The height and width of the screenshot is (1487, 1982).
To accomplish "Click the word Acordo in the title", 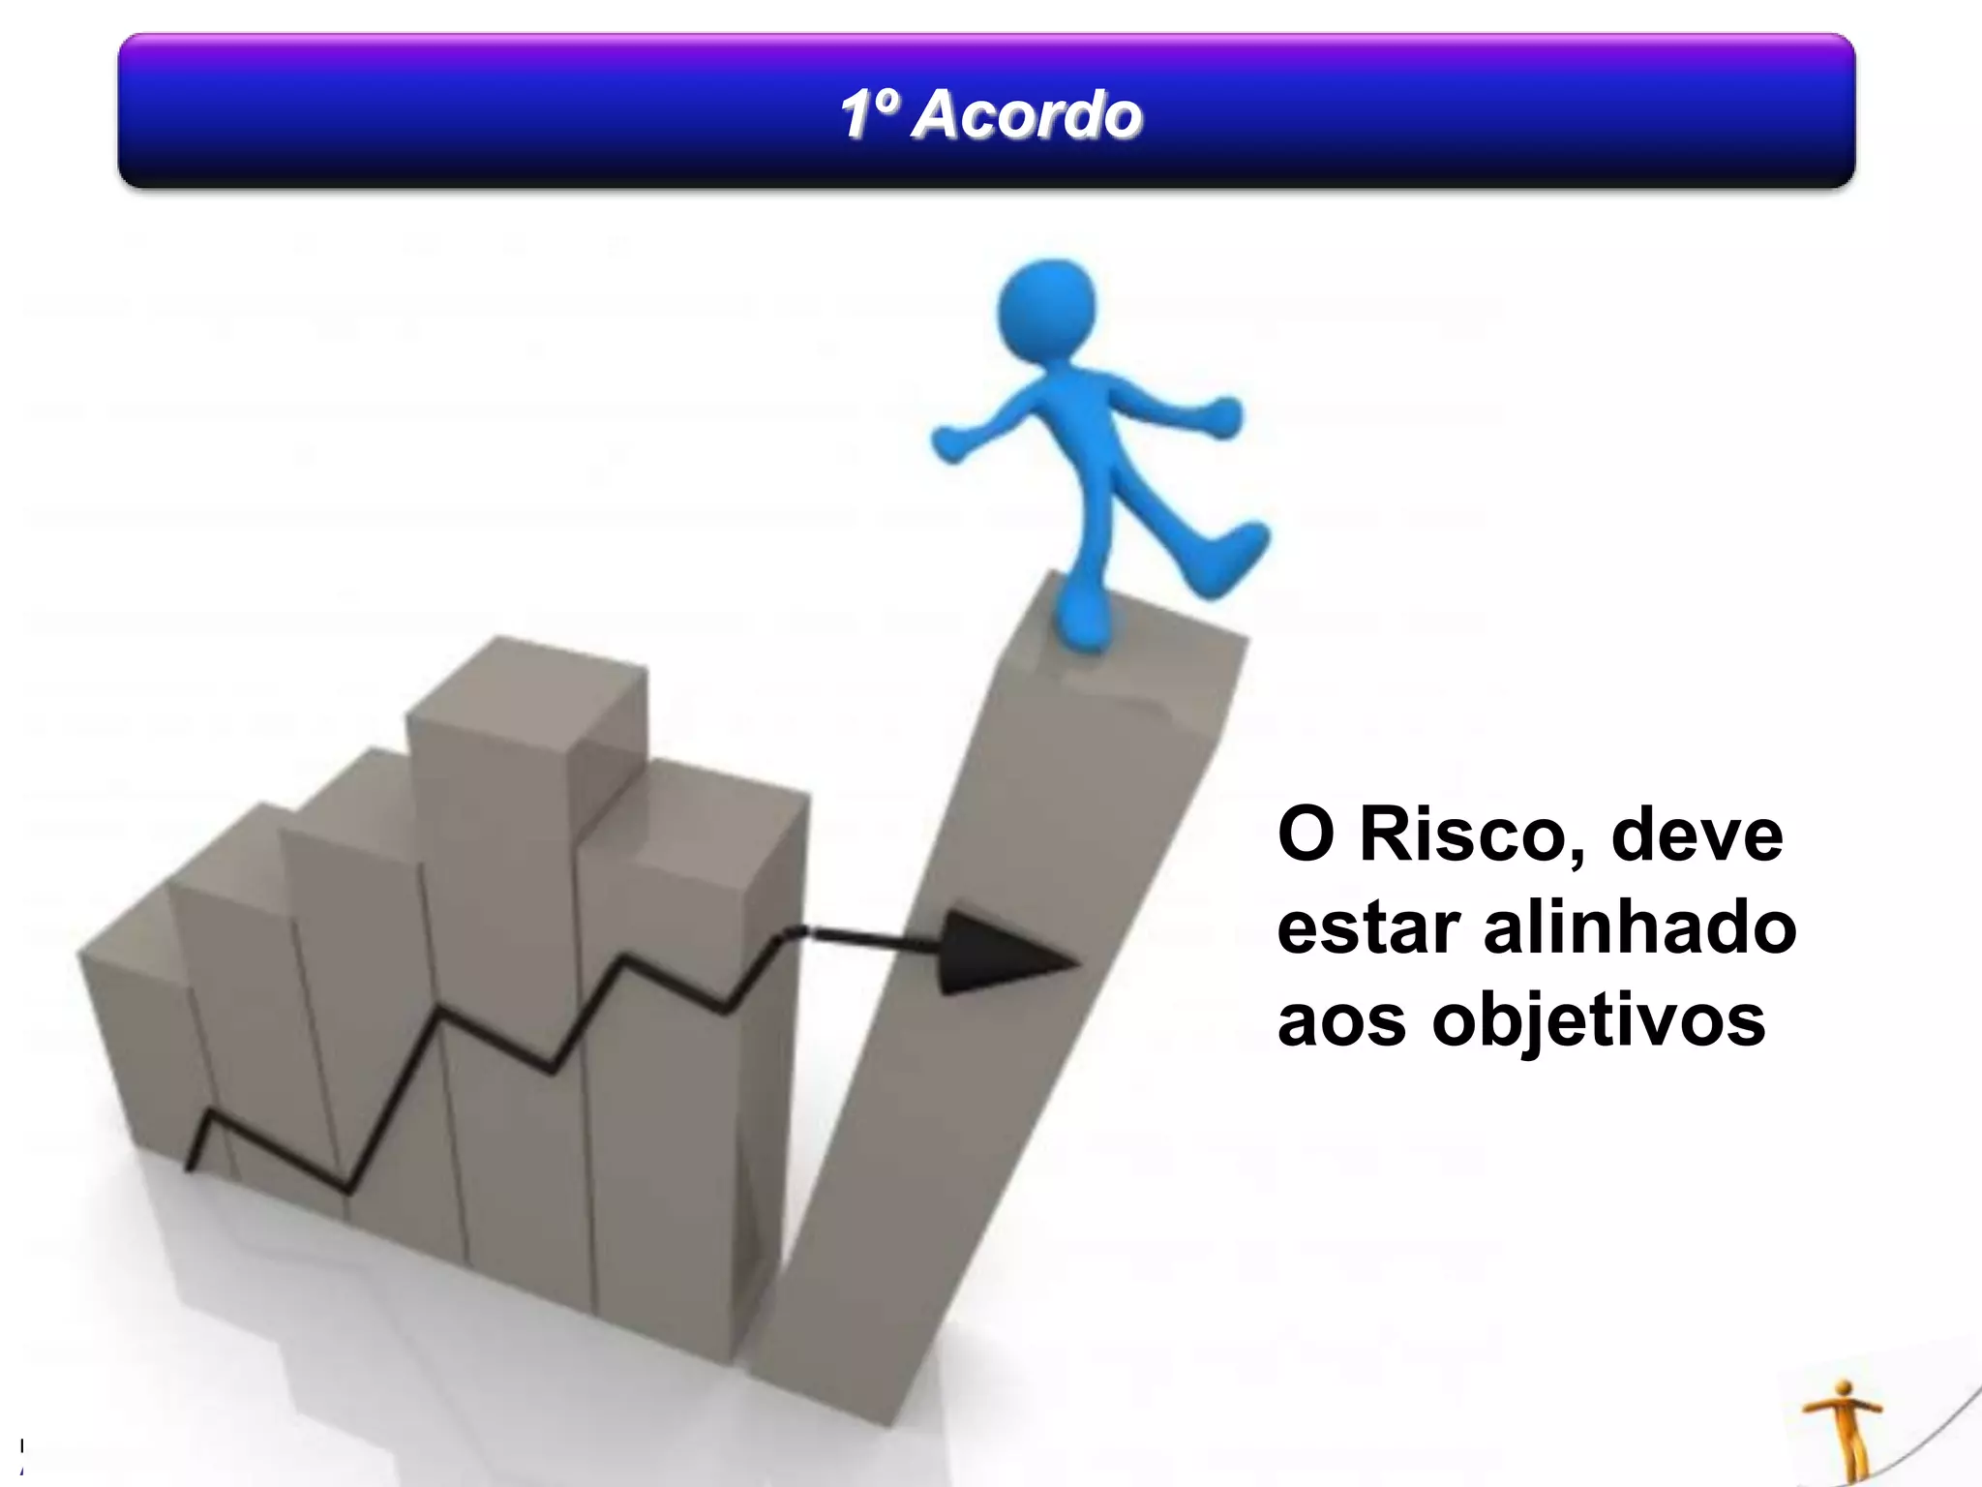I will [1027, 115].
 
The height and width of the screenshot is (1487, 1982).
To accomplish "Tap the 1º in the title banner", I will [869, 115].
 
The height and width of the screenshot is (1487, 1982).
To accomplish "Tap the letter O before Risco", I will [1306, 835].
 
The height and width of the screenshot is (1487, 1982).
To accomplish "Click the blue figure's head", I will [1047, 309].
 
